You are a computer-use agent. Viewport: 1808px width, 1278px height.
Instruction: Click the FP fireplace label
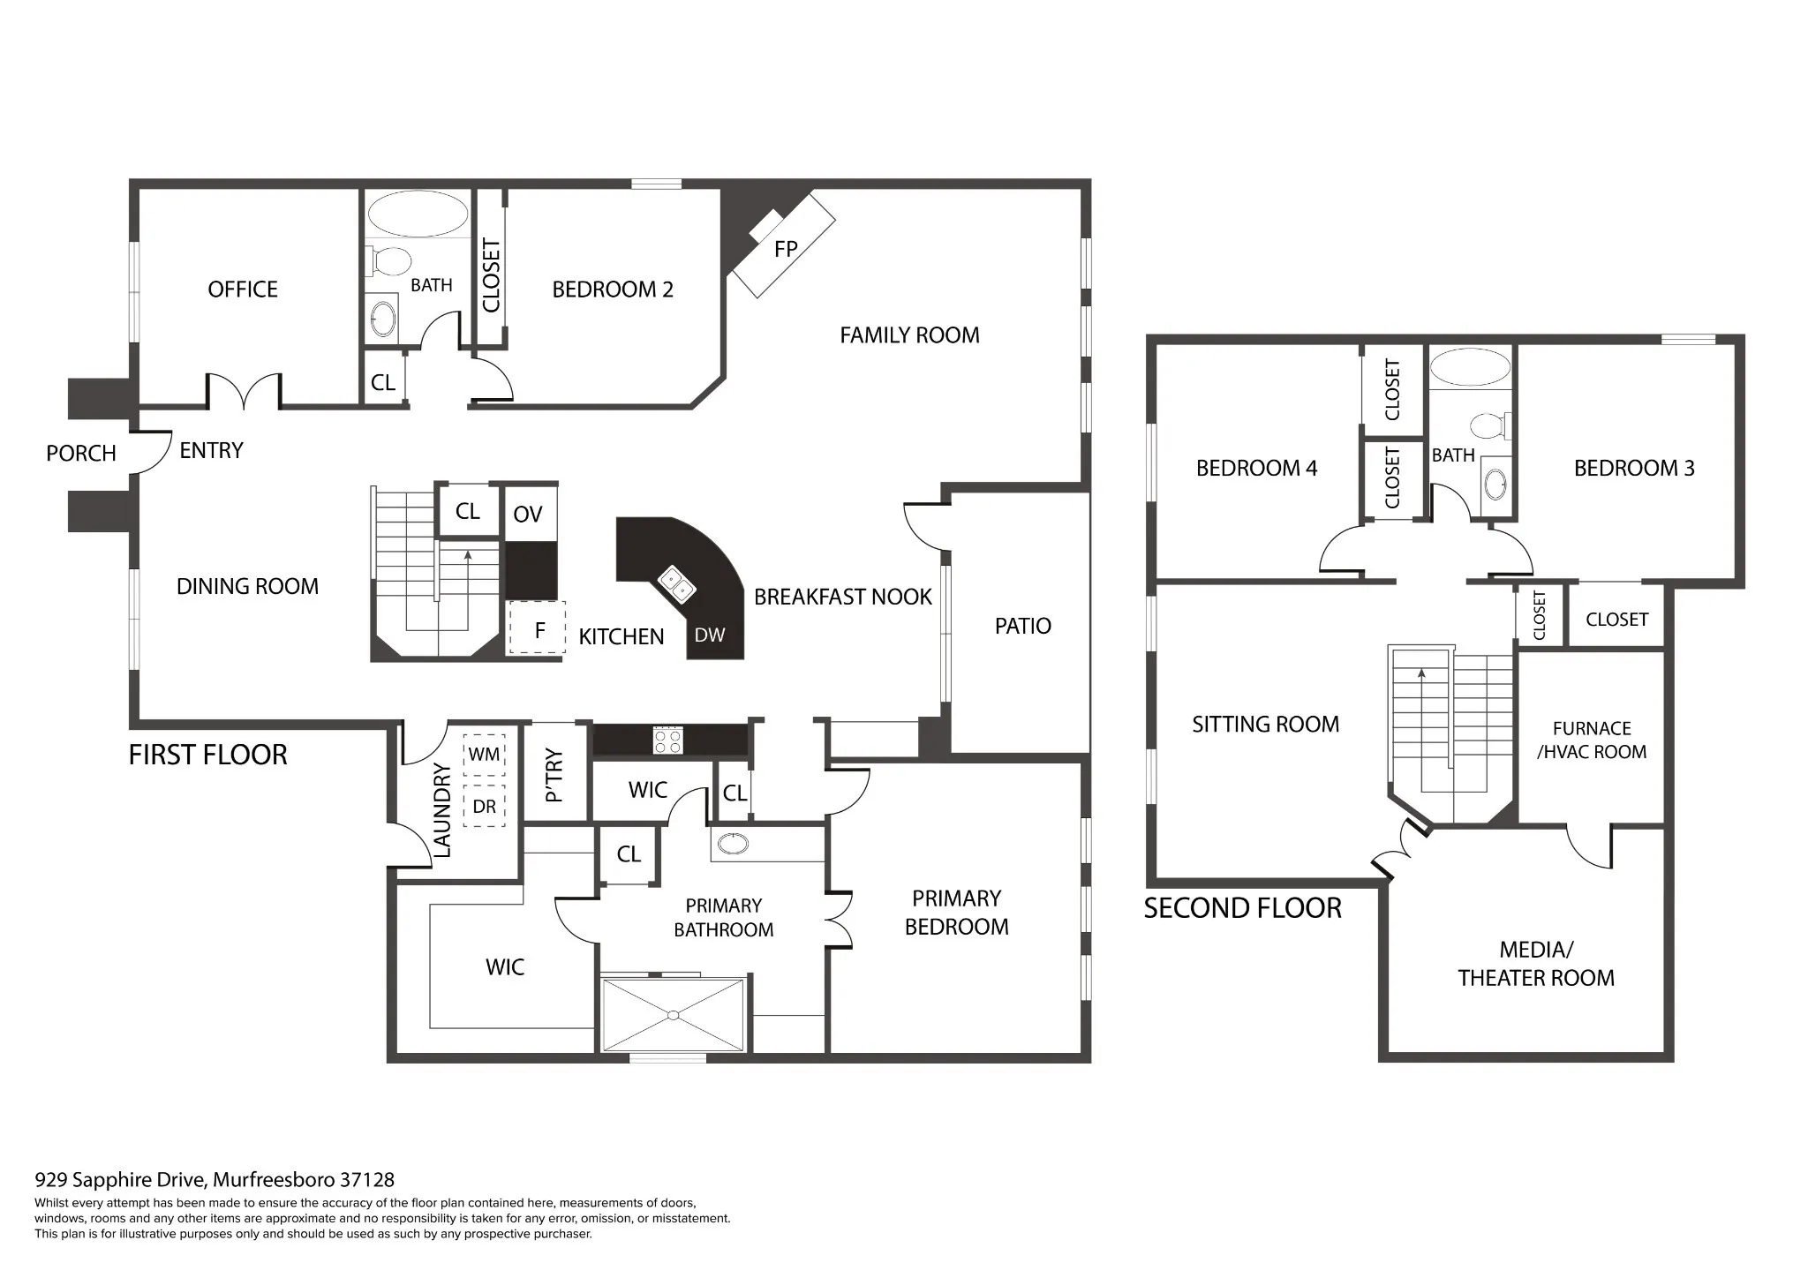pos(786,249)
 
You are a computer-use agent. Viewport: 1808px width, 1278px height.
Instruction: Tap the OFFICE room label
pos(243,289)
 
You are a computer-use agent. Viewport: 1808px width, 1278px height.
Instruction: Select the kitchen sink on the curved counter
pos(677,583)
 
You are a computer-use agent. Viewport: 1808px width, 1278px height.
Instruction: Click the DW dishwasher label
pos(710,635)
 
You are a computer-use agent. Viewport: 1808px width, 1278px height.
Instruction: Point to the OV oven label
pos(528,514)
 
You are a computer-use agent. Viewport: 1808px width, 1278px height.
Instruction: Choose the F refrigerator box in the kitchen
pos(536,628)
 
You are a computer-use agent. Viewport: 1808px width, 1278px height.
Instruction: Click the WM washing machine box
pos(484,755)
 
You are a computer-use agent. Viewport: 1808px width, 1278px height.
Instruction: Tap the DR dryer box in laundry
pos(484,806)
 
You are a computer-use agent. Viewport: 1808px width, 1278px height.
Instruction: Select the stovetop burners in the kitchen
pos(667,740)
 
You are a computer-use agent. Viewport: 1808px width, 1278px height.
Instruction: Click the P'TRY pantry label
pos(554,775)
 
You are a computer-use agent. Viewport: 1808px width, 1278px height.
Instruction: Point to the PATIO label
pos(1023,626)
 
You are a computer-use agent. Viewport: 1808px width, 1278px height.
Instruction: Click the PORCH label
pos(81,454)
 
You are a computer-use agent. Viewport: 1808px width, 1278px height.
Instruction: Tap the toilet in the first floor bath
pos(388,261)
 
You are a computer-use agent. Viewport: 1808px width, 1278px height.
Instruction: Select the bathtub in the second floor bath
pos(1470,367)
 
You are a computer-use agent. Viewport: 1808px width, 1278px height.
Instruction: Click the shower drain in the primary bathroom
pos(674,1015)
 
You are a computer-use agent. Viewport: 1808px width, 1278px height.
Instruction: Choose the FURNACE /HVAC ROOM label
pos(1592,740)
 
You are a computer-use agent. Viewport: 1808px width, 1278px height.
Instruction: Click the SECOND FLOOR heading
pos(1243,908)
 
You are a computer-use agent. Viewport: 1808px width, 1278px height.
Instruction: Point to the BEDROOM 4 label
pos(1256,468)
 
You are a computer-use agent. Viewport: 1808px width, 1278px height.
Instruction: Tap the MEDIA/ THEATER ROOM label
pos(1536,964)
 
